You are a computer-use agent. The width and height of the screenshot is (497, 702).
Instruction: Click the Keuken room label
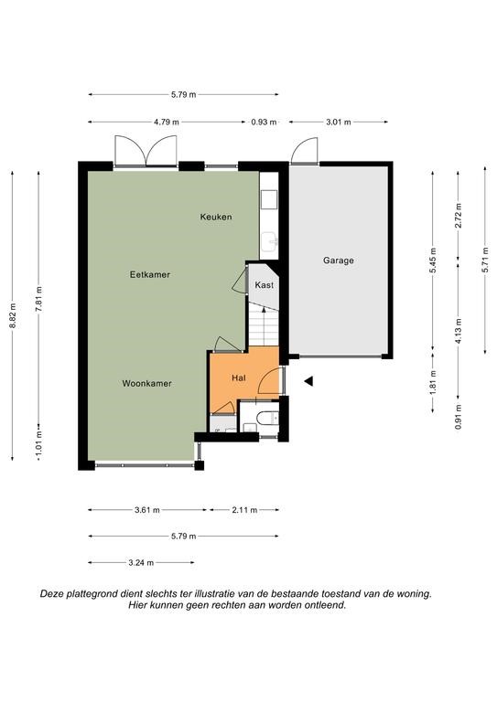[216, 218]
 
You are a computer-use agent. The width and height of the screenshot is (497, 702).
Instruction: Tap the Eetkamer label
[150, 274]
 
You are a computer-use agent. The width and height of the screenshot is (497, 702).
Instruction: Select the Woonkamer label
[147, 383]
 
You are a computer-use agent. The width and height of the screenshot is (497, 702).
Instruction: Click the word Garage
[339, 261]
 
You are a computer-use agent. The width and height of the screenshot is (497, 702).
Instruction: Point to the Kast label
[264, 285]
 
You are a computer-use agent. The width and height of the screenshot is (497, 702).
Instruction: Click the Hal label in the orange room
[238, 378]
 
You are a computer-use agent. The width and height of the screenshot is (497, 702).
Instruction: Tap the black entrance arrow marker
[308, 381]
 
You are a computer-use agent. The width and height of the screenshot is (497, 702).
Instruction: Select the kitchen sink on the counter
[270, 242]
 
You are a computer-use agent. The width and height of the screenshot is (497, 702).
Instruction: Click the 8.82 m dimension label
[13, 315]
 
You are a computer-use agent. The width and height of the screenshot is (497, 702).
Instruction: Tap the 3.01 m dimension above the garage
[339, 122]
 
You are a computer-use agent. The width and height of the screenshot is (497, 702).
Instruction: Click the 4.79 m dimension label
[167, 122]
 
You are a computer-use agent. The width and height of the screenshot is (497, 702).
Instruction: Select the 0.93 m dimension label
[264, 122]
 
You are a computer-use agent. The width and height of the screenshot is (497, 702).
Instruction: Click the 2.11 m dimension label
[244, 510]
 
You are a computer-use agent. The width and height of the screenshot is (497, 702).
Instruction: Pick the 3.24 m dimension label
[141, 563]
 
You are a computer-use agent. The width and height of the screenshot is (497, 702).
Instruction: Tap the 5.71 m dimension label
[485, 260]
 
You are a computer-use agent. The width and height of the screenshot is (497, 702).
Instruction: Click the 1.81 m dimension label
[433, 382]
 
